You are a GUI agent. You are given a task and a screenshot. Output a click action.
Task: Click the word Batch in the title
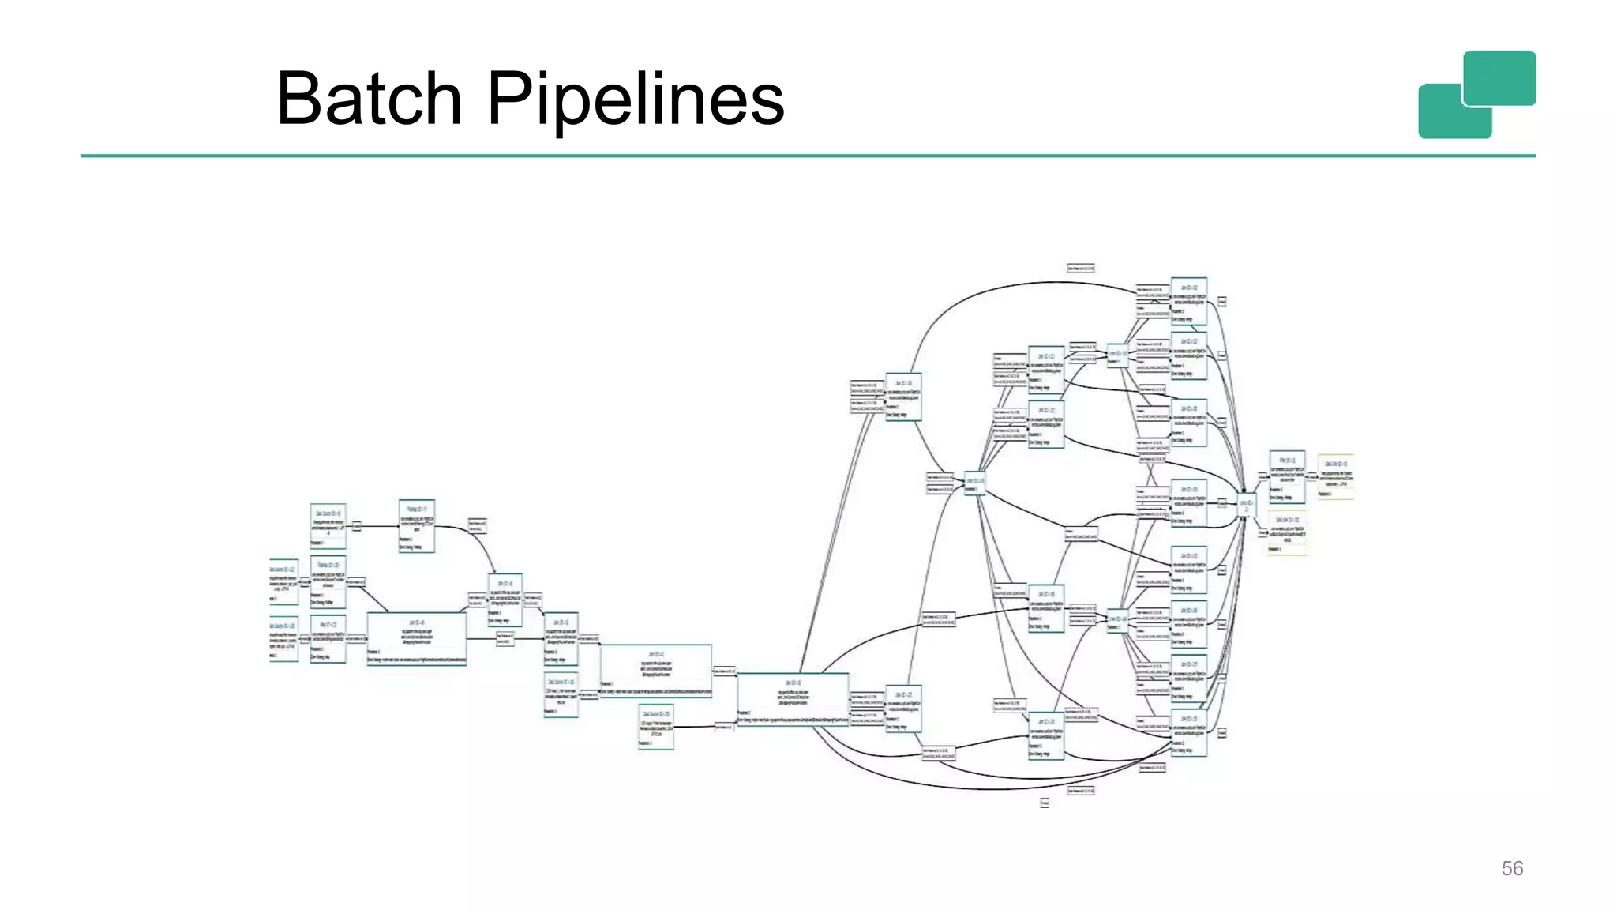369,99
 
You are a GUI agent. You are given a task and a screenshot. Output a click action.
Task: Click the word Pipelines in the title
636,99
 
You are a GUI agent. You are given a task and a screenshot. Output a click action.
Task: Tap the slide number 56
1511,868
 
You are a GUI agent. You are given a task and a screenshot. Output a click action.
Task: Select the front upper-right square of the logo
1499,77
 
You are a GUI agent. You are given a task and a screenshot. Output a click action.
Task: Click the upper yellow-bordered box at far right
1336,476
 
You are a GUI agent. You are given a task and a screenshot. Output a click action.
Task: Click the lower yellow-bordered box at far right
1287,533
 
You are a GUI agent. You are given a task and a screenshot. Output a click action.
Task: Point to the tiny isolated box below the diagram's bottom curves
1044,803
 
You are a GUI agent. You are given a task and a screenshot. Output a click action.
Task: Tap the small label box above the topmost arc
1080,269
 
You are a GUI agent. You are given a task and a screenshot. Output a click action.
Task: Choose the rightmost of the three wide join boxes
793,698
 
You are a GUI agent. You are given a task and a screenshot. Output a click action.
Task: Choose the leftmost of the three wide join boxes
416,638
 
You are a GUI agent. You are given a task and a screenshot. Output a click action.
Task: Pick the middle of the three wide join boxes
655,671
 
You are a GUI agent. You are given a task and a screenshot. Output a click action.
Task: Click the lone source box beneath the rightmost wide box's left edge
655,727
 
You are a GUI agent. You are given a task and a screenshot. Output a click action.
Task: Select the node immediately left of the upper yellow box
1286,476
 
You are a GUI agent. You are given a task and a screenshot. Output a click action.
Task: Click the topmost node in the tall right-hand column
1188,301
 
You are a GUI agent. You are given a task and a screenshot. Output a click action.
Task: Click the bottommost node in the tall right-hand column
1188,732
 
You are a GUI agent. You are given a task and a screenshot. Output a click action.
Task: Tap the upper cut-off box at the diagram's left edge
283,582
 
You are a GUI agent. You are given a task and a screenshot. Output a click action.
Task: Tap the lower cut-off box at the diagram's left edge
283,638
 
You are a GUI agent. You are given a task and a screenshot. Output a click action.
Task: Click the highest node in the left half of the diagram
416,525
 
